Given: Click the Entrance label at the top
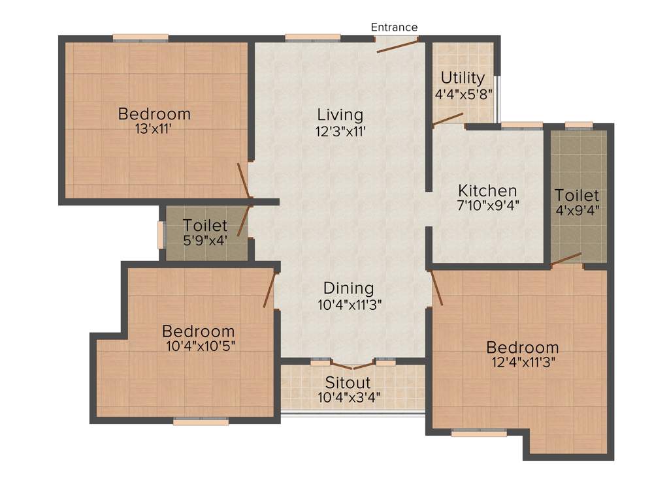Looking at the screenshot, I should point(394,27).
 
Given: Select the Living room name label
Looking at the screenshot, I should point(340,115).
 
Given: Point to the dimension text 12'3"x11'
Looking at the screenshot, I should point(340,131).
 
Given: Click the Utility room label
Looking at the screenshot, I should point(463,78).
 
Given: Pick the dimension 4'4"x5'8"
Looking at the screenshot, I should point(463,93).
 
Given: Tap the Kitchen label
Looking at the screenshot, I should point(487,191).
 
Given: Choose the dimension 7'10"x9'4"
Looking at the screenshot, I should point(488,207).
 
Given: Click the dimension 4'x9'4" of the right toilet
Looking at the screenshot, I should point(578,210).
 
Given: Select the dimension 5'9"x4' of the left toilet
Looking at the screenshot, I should point(205,240).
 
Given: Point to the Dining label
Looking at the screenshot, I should point(349,288).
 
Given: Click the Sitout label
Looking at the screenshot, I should point(348,383).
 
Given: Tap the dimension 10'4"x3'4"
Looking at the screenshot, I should point(348,397).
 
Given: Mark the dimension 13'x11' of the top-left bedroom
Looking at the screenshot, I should point(154,129).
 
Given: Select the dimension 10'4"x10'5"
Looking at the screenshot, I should point(199,345).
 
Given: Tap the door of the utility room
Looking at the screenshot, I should point(448,118).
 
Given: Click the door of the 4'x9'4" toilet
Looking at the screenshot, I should point(566,258).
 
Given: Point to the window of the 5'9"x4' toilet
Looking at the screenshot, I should point(161,235).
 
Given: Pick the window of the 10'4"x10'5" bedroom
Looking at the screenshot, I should point(201,421).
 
